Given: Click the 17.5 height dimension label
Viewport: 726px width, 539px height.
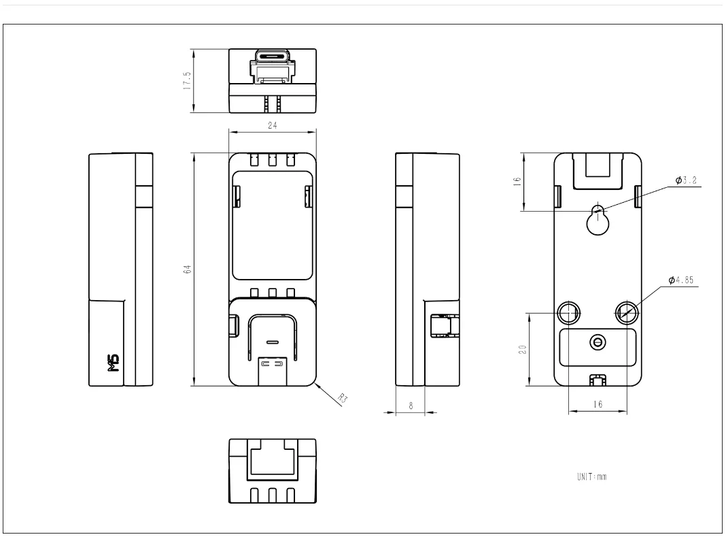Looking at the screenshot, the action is (187, 80).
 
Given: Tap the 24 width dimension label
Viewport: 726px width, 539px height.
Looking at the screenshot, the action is (272, 125).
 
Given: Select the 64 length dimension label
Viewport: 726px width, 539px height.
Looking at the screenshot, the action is (187, 269).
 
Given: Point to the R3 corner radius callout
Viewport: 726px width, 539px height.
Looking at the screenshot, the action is (343, 397).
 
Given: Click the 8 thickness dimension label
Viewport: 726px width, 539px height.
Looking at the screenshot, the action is (411, 406).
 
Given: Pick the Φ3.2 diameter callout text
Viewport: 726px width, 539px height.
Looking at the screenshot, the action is (686, 180).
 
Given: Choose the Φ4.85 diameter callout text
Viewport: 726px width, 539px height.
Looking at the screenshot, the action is (681, 280).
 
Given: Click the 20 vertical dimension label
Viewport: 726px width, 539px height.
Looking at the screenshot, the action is (523, 349).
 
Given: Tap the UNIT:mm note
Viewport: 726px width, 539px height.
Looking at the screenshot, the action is (591, 476).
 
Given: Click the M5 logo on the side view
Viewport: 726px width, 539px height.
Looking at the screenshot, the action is (114, 363).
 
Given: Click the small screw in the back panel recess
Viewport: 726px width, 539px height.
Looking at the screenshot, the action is (598, 342).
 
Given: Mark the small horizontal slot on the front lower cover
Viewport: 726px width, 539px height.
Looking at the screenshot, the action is (273, 342).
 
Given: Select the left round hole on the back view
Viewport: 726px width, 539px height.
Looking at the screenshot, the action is (568, 313).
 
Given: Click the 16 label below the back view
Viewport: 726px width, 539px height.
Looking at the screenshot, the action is (598, 404).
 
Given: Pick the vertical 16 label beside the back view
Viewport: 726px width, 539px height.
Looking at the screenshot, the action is (517, 181).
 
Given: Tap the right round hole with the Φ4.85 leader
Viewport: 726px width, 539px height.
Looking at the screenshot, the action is (627, 313).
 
